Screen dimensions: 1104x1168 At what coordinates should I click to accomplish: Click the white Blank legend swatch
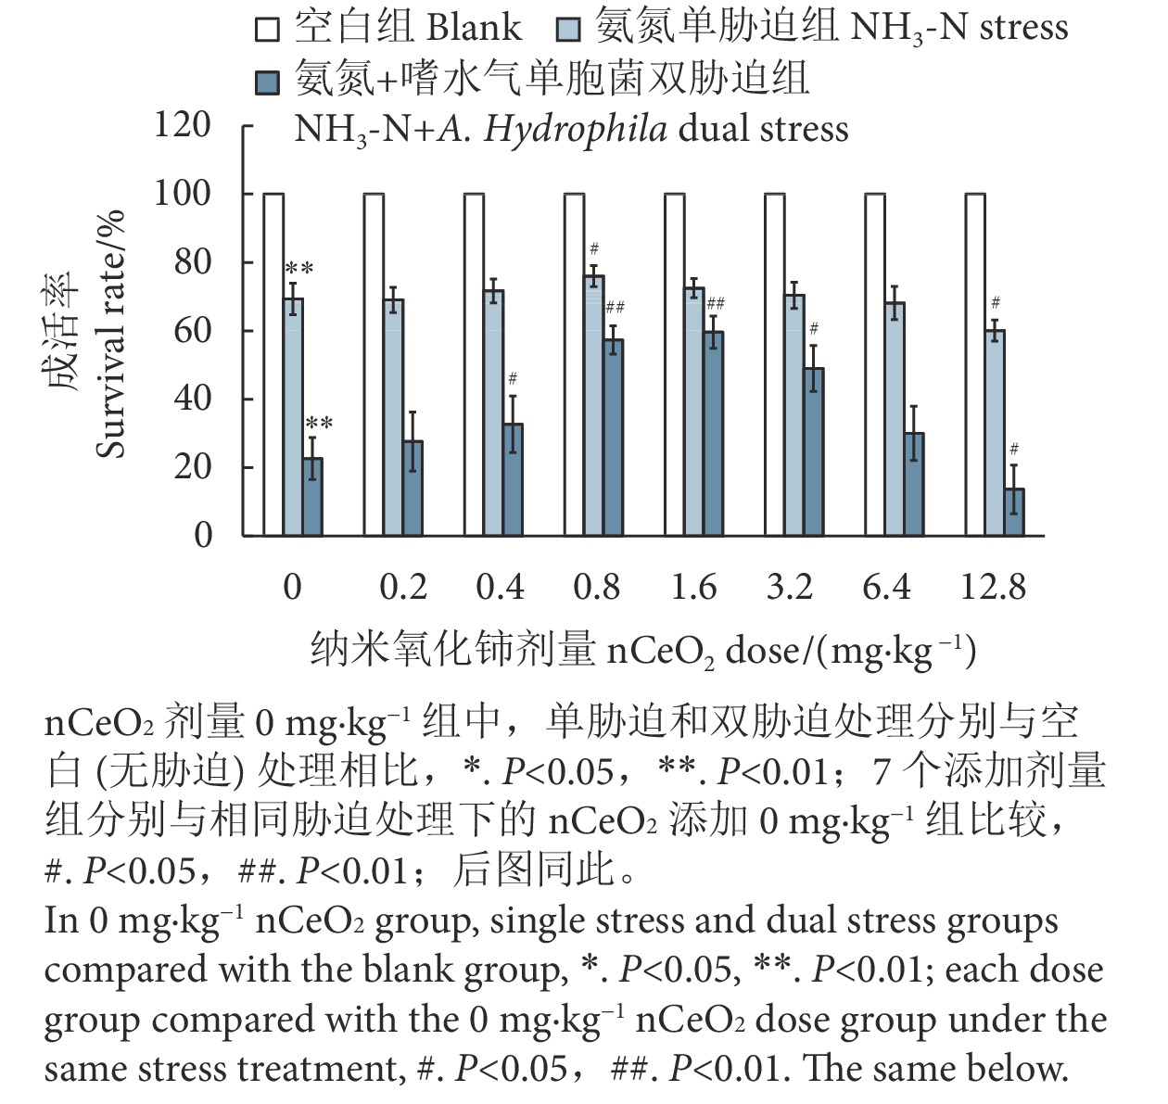[x=267, y=30]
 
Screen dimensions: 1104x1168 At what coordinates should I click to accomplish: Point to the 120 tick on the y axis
[x=183, y=124]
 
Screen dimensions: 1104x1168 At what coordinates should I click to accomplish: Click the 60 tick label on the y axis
[x=193, y=330]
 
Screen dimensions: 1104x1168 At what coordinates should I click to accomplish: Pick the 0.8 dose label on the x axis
[x=596, y=588]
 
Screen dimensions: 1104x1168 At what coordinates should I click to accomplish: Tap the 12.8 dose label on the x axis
[x=993, y=588]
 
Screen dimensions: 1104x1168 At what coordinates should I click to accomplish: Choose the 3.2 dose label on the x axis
[x=789, y=588]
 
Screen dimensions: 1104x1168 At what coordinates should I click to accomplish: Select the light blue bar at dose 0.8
[x=593, y=405]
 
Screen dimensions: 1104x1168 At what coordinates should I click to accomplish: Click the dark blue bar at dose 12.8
[x=1014, y=512]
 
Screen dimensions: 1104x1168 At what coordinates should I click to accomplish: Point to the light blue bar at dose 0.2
[x=393, y=417]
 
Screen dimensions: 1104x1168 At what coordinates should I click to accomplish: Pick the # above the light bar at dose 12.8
[x=996, y=302]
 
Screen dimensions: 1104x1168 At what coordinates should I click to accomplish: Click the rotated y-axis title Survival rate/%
[x=110, y=335]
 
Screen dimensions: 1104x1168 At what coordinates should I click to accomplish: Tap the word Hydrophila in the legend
[x=575, y=129]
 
